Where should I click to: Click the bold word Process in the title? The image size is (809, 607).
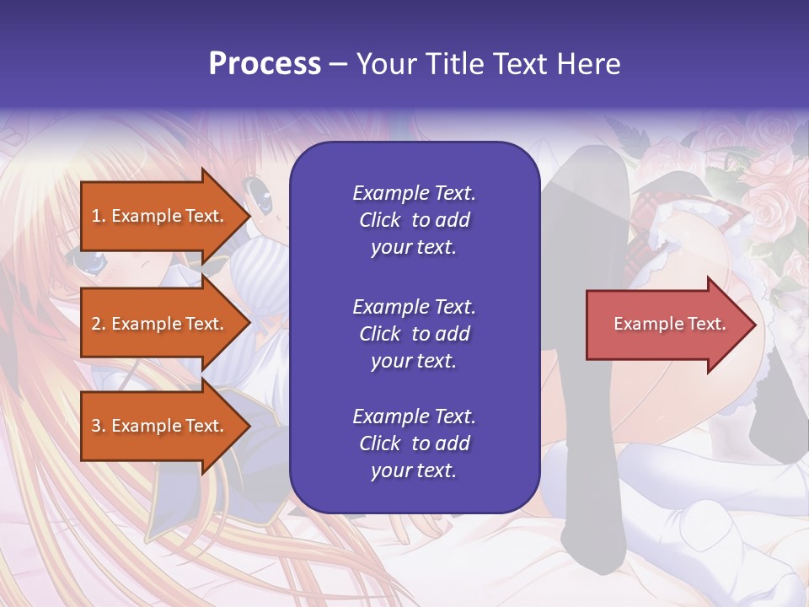click(265, 64)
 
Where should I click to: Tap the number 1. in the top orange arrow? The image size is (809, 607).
click(99, 216)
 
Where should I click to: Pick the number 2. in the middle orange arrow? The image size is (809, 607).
click(99, 324)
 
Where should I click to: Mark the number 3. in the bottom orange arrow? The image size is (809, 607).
click(99, 426)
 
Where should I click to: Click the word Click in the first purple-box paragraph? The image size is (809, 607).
click(380, 220)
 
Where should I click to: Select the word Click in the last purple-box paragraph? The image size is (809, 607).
click(380, 443)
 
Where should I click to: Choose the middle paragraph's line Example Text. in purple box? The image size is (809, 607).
click(414, 306)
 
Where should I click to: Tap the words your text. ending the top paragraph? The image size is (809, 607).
click(414, 248)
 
